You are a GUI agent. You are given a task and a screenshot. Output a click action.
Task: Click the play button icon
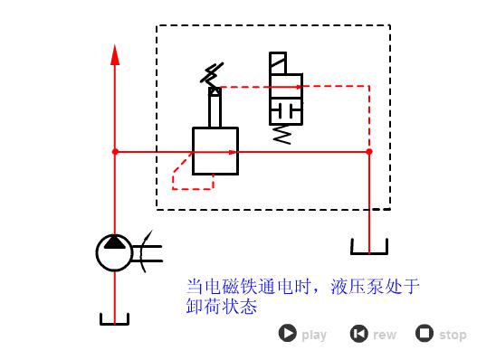click(288, 334)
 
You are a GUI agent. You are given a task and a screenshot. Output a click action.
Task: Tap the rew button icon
click(359, 334)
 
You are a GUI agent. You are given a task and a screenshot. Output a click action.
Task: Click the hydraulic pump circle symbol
click(115, 252)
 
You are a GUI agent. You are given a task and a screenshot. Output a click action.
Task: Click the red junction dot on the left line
click(115, 152)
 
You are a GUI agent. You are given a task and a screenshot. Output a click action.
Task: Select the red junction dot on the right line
click(368, 152)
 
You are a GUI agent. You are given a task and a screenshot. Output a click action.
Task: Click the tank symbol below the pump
click(115, 318)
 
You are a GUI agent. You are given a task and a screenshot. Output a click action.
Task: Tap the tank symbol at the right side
click(368, 247)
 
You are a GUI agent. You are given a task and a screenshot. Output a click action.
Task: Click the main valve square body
click(215, 151)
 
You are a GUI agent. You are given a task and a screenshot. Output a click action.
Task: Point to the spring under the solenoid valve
click(283, 134)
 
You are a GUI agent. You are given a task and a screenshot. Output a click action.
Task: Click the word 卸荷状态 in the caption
click(222, 308)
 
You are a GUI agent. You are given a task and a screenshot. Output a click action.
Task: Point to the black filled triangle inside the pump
click(115, 243)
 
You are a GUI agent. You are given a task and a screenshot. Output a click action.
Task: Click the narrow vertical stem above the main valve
click(215, 109)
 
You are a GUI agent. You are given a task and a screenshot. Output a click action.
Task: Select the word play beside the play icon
click(314, 335)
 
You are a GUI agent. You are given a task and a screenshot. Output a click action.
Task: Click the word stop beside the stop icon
click(453, 335)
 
